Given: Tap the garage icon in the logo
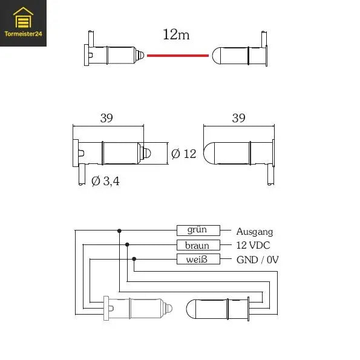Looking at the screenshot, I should click(x=24, y=19).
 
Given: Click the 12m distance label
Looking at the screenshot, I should click(x=176, y=34).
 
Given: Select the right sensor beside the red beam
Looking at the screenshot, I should click(x=239, y=56).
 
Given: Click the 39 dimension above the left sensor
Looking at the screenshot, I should click(x=106, y=119).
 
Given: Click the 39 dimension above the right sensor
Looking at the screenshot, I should click(x=238, y=119).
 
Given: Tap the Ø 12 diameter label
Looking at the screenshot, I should click(x=184, y=154).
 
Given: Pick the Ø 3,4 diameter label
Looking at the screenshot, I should click(x=105, y=180).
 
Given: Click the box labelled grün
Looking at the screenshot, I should click(x=197, y=231).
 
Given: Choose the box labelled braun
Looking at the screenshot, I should click(x=197, y=245).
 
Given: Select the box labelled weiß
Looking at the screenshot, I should click(x=197, y=260).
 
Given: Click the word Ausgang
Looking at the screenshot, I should click(x=254, y=231).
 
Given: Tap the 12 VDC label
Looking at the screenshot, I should click(x=253, y=245).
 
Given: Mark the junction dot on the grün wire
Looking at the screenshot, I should click(x=119, y=231).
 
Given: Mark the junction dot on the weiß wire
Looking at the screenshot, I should click(x=134, y=260).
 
